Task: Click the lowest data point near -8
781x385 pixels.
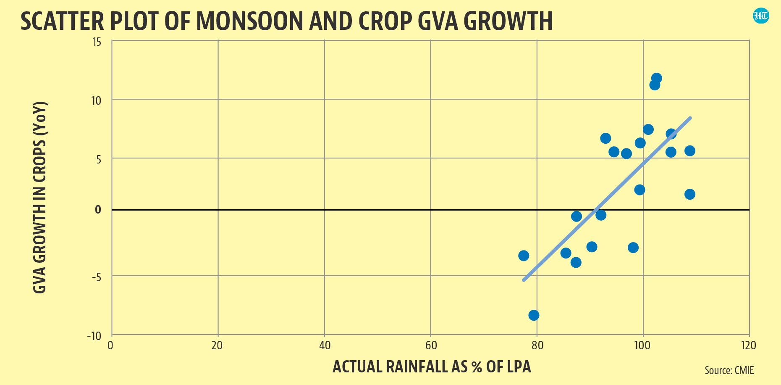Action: coord(534,315)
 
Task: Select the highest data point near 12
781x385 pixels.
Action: coord(657,78)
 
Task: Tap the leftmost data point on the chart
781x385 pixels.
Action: coord(524,256)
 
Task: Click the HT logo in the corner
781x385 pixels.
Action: coord(761,16)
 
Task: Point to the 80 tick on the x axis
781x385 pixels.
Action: coord(537,345)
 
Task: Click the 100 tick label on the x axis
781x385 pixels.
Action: coord(642,345)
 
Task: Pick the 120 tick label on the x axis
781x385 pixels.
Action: coord(749,345)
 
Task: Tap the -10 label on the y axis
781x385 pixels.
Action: coord(94,336)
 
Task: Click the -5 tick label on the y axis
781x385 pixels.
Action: coord(96,277)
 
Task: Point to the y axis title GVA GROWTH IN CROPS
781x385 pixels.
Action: coord(39,197)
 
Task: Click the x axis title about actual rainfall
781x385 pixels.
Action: coord(432,367)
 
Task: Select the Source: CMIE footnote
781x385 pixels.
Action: coord(729,370)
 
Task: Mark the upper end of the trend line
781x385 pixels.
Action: coord(690,118)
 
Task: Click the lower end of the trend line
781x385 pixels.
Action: coord(524,280)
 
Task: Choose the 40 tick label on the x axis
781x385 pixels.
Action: coord(325,345)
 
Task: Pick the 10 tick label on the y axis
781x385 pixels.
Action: coord(96,100)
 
